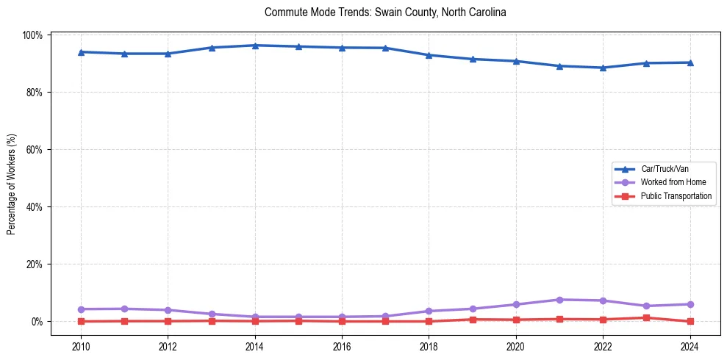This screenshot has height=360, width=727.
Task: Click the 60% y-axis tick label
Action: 35,150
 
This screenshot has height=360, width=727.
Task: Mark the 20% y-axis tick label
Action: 35,264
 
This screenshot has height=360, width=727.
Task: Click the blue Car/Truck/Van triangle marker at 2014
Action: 255,46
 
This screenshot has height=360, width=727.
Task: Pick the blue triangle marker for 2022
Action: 603,68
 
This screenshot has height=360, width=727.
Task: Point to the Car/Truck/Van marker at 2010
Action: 81,52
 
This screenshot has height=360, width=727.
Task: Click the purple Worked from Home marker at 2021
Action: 559,300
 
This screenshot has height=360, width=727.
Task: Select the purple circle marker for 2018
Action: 429,312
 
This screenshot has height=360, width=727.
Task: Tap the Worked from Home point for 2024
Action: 690,304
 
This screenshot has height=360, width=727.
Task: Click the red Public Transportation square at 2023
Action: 646,318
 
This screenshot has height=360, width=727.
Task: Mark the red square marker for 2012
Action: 168,321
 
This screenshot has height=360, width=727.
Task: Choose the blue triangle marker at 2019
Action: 473,59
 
